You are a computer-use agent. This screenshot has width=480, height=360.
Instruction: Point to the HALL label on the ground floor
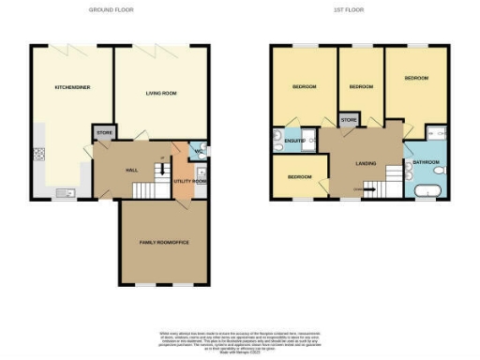[132, 171]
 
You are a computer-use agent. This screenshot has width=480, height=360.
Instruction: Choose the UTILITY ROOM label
[186, 180]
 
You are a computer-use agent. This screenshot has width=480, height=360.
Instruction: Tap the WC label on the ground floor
[199, 150]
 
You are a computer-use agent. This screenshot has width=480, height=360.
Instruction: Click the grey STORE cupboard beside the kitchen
[102, 133]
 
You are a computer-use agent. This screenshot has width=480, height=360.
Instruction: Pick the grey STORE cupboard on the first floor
[347, 120]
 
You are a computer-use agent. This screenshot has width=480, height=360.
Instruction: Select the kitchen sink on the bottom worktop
[63, 192]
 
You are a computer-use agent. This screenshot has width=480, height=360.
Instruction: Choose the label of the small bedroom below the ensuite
[299, 176]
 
